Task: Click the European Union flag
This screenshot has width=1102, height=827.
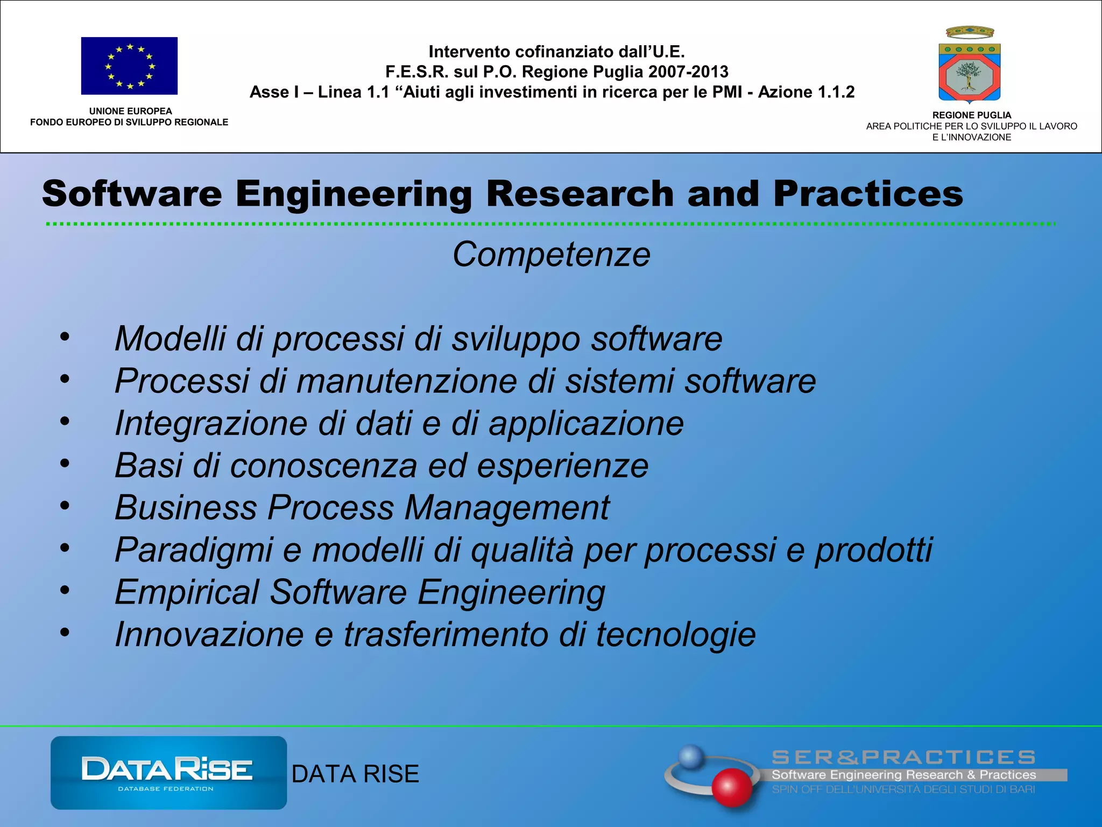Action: (129, 66)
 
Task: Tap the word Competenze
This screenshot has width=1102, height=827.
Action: (551, 254)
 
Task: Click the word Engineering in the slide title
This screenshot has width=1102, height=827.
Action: (354, 194)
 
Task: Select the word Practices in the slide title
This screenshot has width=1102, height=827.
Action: (868, 194)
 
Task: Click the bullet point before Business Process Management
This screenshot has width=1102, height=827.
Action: (65, 506)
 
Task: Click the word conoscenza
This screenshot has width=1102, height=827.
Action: (323, 466)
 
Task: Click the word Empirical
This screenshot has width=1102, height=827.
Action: (187, 592)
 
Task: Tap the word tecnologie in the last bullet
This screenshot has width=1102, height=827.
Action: (675, 635)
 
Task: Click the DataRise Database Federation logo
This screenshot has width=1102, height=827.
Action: (168, 773)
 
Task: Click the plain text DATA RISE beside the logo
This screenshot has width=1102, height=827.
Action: (355, 774)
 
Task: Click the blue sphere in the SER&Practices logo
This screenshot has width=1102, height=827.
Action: (691, 757)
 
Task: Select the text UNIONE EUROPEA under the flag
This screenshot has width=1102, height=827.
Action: (130, 111)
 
